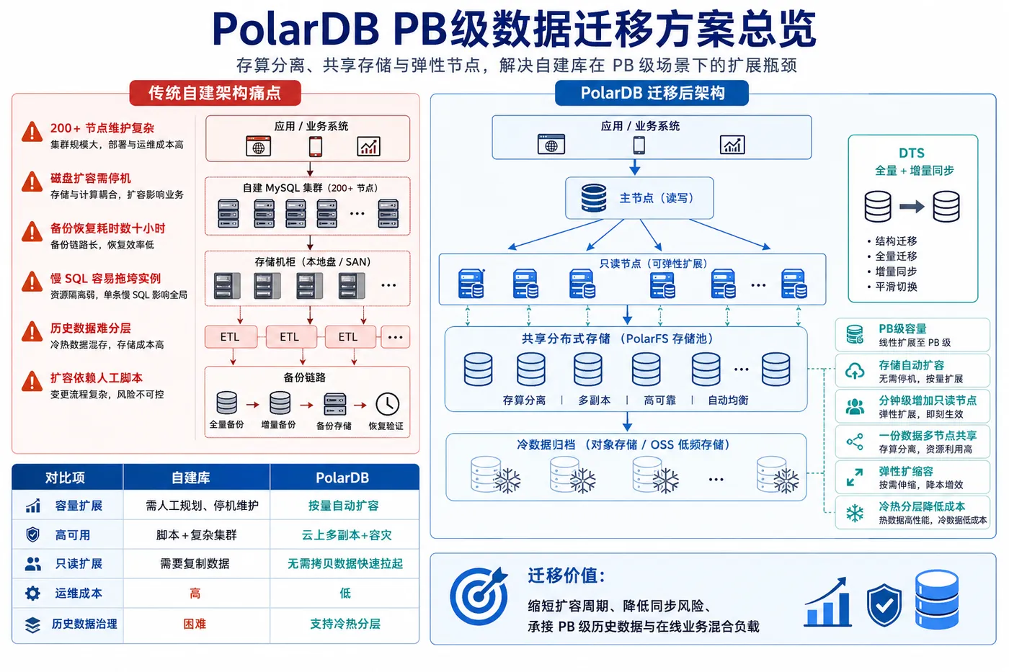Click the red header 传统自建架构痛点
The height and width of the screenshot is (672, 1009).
pos(215,93)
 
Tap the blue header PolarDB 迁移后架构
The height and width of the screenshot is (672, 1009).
pos(652,93)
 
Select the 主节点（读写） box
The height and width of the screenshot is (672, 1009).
pos(639,198)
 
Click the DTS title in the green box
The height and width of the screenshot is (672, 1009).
pos(912,153)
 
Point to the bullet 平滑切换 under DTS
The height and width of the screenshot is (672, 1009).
pos(895,287)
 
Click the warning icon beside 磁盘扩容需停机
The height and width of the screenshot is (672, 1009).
pos(32,182)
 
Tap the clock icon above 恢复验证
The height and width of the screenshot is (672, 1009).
pos(388,404)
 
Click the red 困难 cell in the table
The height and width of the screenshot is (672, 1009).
pos(195,624)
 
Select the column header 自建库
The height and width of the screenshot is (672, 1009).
pos(190,478)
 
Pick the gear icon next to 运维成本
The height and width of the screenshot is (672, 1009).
pos(32,593)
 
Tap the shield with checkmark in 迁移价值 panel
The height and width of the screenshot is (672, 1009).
pos(884,605)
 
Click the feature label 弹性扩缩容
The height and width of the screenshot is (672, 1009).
pos(906,471)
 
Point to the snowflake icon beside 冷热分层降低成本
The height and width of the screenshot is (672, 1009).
pos(855,513)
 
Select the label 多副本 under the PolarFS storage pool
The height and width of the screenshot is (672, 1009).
pos(594,400)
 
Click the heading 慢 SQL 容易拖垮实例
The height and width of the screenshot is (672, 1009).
pos(105,278)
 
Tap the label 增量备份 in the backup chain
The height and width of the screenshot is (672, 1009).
pos(278,424)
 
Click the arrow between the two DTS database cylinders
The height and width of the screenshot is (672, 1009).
pos(912,207)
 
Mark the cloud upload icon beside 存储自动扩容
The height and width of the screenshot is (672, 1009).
pos(855,371)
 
